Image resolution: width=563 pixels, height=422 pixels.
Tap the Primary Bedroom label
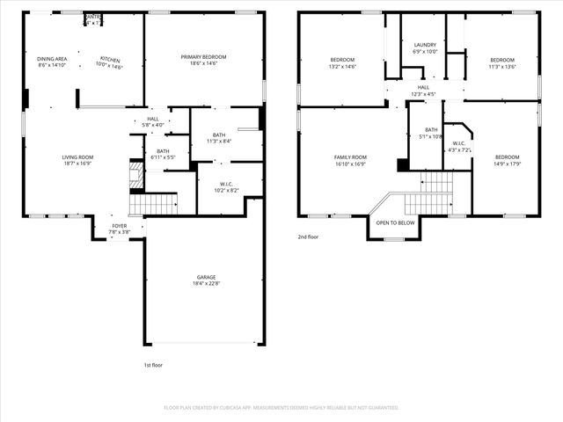(203, 57)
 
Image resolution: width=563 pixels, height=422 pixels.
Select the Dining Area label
(53, 58)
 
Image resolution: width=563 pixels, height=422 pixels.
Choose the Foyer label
(118, 226)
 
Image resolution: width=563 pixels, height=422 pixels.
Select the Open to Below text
(395, 222)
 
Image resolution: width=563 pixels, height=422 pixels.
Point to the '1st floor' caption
(152, 365)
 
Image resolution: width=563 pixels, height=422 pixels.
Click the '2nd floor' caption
(307, 236)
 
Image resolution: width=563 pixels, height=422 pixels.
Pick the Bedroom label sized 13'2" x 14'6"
(341, 60)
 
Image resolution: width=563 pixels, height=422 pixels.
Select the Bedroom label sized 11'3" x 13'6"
(501, 60)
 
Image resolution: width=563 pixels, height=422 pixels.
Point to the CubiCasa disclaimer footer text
(281, 407)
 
